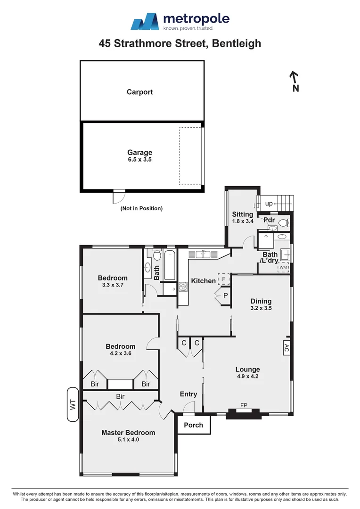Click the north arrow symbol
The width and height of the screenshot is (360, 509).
(x=295, y=81)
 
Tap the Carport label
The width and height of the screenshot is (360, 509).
(x=140, y=92)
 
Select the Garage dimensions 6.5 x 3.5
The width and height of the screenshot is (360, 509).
(x=139, y=160)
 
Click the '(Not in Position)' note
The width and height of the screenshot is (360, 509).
(x=141, y=208)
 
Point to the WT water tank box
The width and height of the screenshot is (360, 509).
(x=73, y=404)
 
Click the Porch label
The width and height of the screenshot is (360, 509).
(x=193, y=425)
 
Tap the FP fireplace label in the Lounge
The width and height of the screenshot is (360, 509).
(x=244, y=405)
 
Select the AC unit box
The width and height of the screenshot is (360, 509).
(x=286, y=348)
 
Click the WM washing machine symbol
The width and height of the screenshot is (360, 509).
(x=283, y=268)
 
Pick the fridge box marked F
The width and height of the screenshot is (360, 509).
(x=224, y=279)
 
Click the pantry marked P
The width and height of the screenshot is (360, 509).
(x=225, y=296)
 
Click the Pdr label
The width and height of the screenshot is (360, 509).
(x=269, y=220)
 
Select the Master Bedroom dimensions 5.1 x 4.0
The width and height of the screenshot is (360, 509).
(x=128, y=440)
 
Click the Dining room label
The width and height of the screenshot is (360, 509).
(x=261, y=301)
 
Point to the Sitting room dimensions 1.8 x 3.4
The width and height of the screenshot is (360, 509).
(x=242, y=221)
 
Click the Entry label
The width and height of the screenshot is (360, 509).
(x=188, y=394)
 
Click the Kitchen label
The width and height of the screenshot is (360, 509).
(x=203, y=281)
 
